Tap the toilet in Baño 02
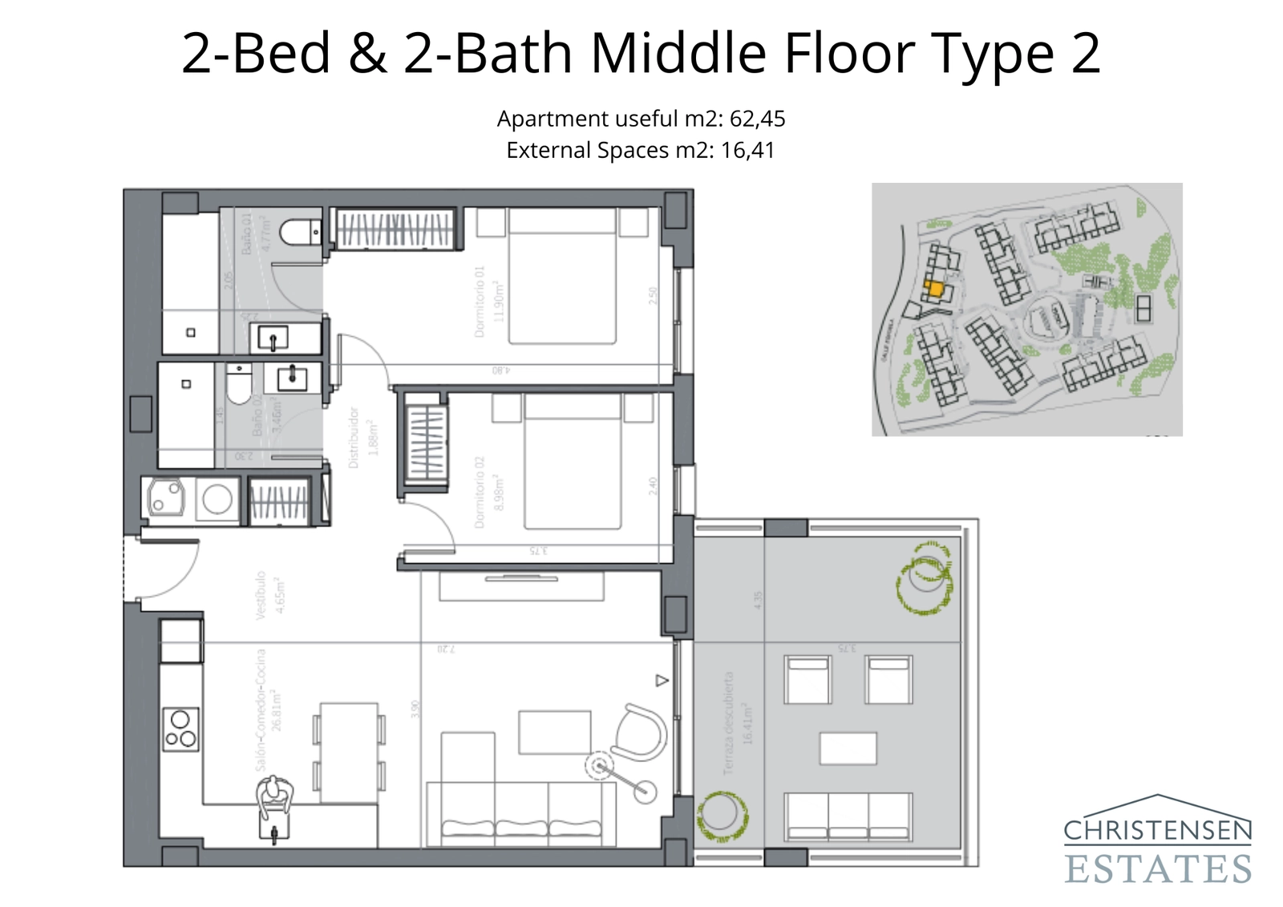click(x=238, y=387)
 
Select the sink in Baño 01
click(x=273, y=338)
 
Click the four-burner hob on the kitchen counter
click(x=180, y=729)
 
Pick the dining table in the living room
click(x=349, y=752)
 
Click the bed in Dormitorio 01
click(x=562, y=277)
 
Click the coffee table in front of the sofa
click(x=554, y=731)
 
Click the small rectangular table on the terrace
click(x=848, y=748)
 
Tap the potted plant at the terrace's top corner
click(x=925, y=577)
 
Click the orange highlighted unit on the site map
click(x=933, y=288)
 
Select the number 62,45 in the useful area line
click(x=757, y=119)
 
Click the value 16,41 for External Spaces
click(x=747, y=150)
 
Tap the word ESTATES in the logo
click(x=1158, y=869)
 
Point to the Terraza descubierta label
click(x=728, y=723)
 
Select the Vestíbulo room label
click(x=260, y=595)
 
